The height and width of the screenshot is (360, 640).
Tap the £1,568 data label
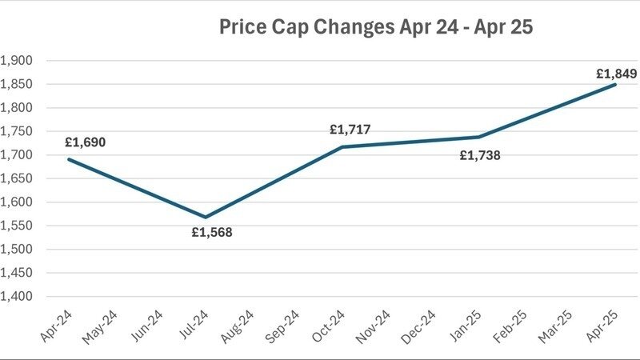point(211,233)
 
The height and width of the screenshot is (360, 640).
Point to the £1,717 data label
point(350,130)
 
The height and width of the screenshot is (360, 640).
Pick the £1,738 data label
point(480,155)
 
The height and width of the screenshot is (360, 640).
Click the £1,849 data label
point(617,74)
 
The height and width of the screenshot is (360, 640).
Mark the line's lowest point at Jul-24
point(204,217)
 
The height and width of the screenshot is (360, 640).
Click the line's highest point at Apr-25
point(616,84)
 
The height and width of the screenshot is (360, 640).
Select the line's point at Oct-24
point(342,146)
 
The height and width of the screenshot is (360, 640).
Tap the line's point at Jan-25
point(478,137)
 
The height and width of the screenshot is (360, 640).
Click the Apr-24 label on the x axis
point(54,326)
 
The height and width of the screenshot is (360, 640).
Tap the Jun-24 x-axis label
point(145,326)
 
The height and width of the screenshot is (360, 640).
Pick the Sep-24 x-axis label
point(282,326)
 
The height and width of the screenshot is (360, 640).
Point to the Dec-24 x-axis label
point(420,326)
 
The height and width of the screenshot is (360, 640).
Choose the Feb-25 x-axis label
point(511,326)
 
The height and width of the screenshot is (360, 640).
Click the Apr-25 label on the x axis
point(602,326)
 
